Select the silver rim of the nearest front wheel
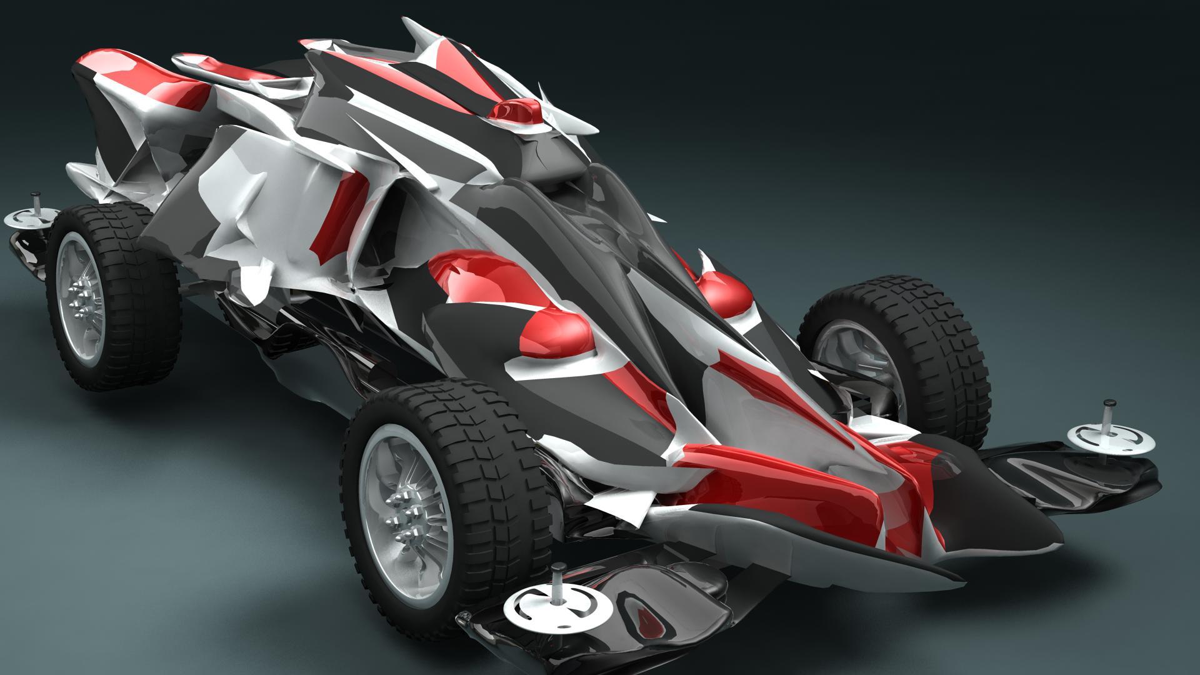point(375,494)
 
